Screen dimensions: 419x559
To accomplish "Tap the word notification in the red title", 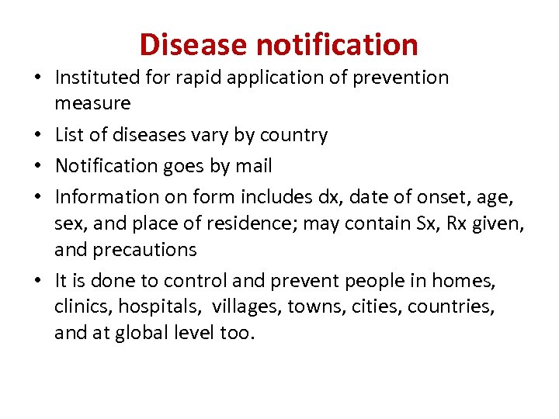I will [x=337, y=45].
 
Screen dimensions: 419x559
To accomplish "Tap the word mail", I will [x=254, y=166].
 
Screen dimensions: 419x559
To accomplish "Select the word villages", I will [x=251, y=307].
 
